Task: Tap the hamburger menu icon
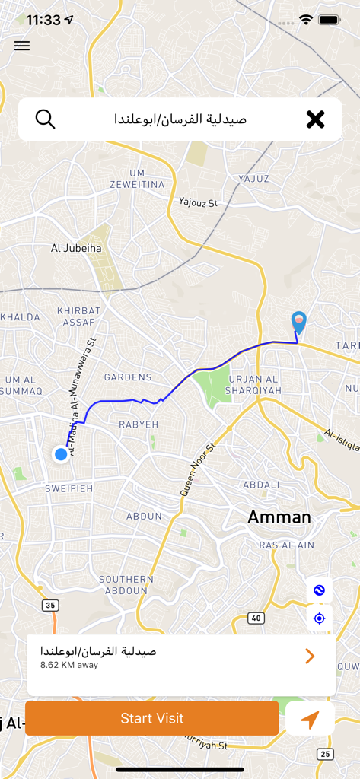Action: (x=22, y=46)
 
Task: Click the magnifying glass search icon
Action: (x=46, y=119)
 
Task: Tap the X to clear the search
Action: (x=315, y=119)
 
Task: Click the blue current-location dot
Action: (x=61, y=454)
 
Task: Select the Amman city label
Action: (x=279, y=517)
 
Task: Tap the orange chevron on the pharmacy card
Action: (x=310, y=656)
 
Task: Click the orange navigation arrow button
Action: (x=310, y=719)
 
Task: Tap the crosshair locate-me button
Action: (x=319, y=618)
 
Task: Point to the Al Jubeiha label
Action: (x=76, y=247)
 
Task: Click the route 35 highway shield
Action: (x=50, y=606)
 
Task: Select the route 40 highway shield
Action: (x=256, y=618)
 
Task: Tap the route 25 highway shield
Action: (x=325, y=754)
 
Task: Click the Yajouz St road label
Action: (x=198, y=202)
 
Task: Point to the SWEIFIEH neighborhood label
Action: (x=68, y=488)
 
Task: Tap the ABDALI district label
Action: (x=261, y=485)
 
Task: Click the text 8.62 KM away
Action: (x=69, y=665)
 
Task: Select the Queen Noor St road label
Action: (x=198, y=470)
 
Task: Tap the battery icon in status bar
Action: (x=329, y=20)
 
